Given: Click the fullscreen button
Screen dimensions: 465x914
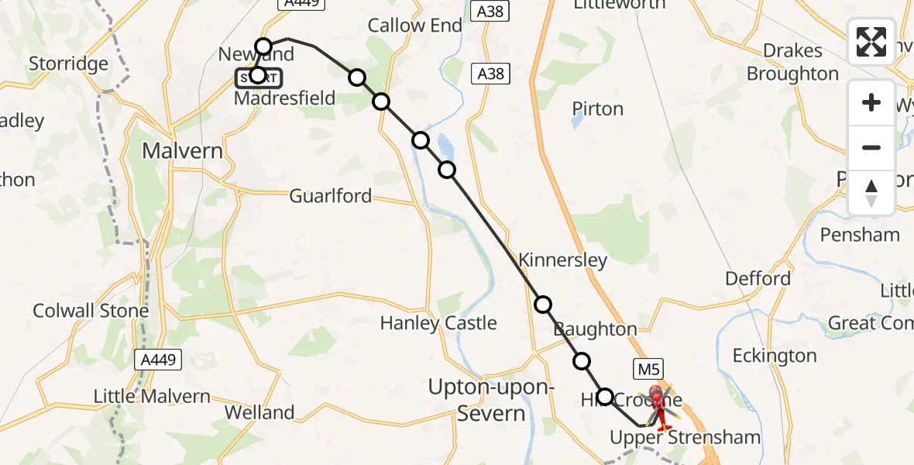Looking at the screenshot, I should click(x=871, y=42).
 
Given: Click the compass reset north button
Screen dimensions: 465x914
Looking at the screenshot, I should click(x=871, y=193).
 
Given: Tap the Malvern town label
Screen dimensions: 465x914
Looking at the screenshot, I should click(x=182, y=150).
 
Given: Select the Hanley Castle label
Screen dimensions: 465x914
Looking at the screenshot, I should click(x=438, y=322).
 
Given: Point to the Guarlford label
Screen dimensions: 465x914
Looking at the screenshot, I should click(x=331, y=196).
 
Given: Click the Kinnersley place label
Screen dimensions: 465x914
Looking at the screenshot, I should click(x=563, y=260).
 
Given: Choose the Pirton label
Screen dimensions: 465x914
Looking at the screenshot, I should click(x=597, y=108).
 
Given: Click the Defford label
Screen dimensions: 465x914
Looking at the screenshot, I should click(x=758, y=278).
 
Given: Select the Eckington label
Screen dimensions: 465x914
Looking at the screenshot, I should click(x=775, y=356).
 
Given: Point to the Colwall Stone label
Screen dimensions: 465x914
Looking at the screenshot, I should click(x=91, y=312).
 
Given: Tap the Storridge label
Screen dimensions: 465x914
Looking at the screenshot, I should click(x=67, y=63).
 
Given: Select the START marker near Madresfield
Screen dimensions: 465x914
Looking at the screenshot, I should click(x=259, y=77).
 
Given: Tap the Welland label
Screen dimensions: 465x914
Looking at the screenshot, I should click(x=259, y=412).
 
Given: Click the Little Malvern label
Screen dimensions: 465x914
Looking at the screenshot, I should click(x=152, y=396).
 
